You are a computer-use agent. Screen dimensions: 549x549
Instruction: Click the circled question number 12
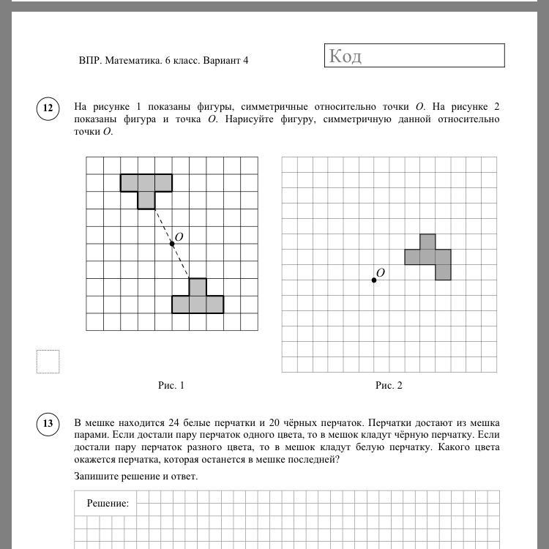click(48, 109)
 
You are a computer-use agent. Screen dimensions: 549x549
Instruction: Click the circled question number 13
click(48, 424)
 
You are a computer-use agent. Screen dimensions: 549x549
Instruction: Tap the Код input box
click(414, 56)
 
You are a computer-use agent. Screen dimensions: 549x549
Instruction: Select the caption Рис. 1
click(171, 385)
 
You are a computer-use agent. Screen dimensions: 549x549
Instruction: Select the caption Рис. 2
click(389, 385)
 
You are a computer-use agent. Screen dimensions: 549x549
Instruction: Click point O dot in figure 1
click(172, 243)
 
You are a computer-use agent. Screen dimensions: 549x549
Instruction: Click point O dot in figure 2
click(374, 280)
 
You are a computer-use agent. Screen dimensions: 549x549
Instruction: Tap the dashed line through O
click(163, 225)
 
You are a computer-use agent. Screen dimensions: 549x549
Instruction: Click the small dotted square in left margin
click(48, 362)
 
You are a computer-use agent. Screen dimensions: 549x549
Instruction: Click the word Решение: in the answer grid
click(108, 503)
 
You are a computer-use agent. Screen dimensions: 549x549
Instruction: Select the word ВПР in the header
click(89, 61)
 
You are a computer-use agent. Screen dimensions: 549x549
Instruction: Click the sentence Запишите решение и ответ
click(135, 477)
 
